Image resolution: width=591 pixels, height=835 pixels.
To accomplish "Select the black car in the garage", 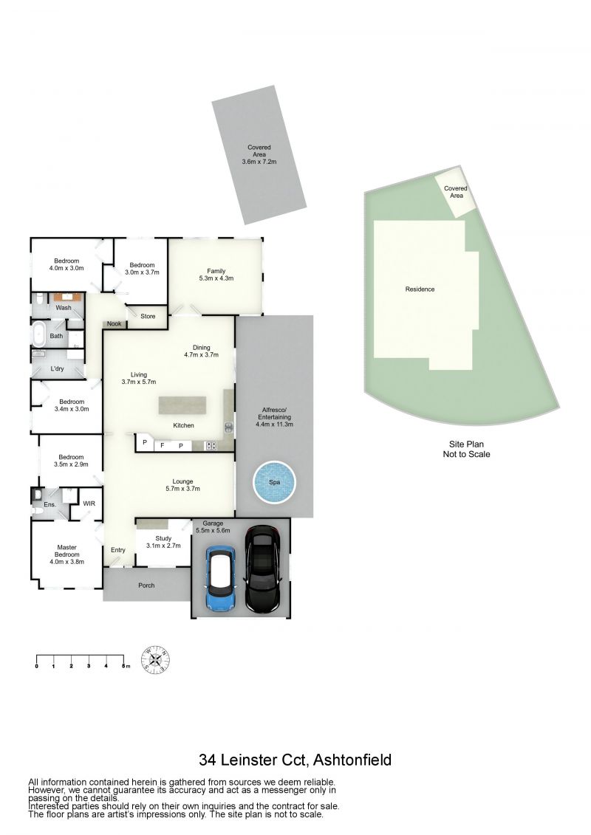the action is click(262, 568).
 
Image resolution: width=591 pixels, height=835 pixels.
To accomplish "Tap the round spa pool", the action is click(274, 482).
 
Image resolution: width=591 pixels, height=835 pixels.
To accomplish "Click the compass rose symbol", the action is click(156, 660).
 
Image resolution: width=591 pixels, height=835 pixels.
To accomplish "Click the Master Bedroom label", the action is click(66, 554).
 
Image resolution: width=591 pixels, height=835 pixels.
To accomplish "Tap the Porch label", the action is click(146, 585).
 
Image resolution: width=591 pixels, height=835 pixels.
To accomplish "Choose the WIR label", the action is click(89, 504).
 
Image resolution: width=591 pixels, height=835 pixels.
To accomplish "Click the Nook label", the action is click(114, 324).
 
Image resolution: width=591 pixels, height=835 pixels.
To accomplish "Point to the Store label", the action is click(148, 316).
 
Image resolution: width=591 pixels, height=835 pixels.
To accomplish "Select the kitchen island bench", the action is click(182, 405).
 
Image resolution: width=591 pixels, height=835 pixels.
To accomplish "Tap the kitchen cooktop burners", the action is click(211, 446).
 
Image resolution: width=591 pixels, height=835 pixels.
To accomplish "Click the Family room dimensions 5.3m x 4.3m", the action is click(216, 278).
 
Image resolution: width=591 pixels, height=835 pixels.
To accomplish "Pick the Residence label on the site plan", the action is click(420, 289).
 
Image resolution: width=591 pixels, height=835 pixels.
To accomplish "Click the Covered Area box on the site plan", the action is click(456, 192).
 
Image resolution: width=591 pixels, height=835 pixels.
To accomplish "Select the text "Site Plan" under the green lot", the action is click(466, 444).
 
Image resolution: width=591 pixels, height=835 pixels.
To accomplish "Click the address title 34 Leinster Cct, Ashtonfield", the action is click(295, 760).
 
